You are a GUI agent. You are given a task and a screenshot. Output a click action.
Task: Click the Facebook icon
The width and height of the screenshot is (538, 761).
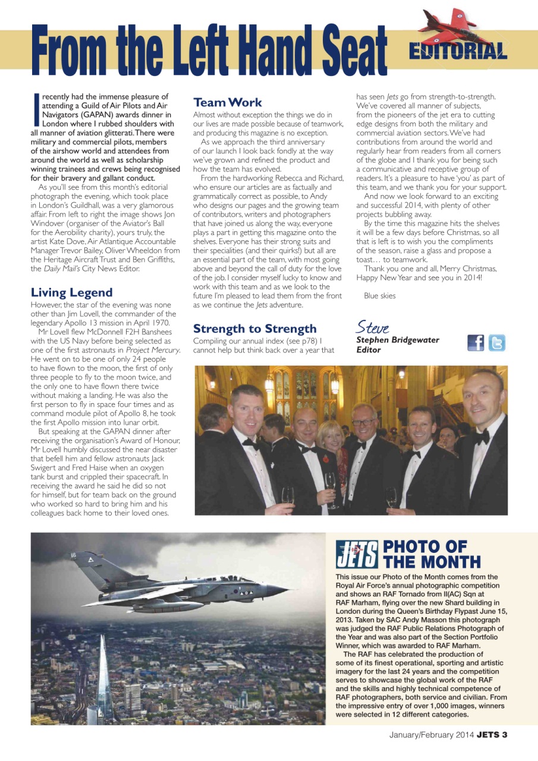476,343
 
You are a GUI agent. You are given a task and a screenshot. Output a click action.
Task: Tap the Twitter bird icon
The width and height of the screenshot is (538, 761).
497,343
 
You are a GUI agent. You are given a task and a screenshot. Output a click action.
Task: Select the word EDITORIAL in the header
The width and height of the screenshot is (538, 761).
458,52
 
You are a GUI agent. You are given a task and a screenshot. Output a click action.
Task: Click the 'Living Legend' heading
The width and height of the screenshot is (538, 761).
71,292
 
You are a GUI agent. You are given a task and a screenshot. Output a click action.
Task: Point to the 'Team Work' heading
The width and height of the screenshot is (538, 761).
227,102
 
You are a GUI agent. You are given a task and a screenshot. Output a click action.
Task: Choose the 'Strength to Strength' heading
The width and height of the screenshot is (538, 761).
254,329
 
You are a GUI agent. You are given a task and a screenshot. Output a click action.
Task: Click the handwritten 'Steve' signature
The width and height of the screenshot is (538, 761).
372,327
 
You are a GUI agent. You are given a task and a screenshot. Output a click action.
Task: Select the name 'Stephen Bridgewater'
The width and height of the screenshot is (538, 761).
397,340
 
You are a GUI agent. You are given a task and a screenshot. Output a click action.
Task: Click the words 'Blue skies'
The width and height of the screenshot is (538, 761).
379,295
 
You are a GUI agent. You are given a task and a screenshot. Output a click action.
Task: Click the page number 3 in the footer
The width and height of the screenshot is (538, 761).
504,734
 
